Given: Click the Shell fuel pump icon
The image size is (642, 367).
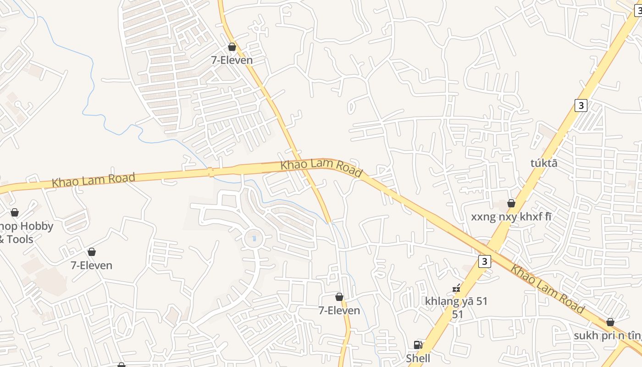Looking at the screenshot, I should (418, 345).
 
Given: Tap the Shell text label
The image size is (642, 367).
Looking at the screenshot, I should (418, 358).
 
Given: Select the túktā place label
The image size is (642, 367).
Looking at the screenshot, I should (544, 163).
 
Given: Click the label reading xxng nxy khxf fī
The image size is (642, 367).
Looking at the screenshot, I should (511, 217).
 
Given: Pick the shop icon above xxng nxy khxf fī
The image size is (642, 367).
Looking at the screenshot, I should (511, 203).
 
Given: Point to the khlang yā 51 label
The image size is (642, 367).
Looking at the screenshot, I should (456, 301).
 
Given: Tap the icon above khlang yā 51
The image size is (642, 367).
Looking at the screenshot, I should (456, 288).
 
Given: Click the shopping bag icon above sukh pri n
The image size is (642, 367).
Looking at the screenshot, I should (610, 322).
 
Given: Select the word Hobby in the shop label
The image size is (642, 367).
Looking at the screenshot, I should (36, 226).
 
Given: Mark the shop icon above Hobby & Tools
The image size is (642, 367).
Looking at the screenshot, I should (15, 212).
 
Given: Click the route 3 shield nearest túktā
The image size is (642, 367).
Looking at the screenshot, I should (581, 106).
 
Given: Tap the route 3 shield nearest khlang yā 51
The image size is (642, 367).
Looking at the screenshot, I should (484, 261).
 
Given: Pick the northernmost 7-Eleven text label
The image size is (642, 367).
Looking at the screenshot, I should (232, 60).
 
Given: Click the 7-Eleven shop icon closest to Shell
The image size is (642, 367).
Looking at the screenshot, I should (339, 297).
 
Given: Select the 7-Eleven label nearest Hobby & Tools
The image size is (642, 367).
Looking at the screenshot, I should (91, 265).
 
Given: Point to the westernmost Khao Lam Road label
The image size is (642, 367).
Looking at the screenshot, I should (94, 179).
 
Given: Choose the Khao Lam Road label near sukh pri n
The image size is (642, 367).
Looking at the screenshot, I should (548, 289).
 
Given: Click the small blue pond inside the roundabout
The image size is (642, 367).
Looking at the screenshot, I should (254, 238).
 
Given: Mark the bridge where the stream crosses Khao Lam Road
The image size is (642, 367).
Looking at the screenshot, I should (211, 172).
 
